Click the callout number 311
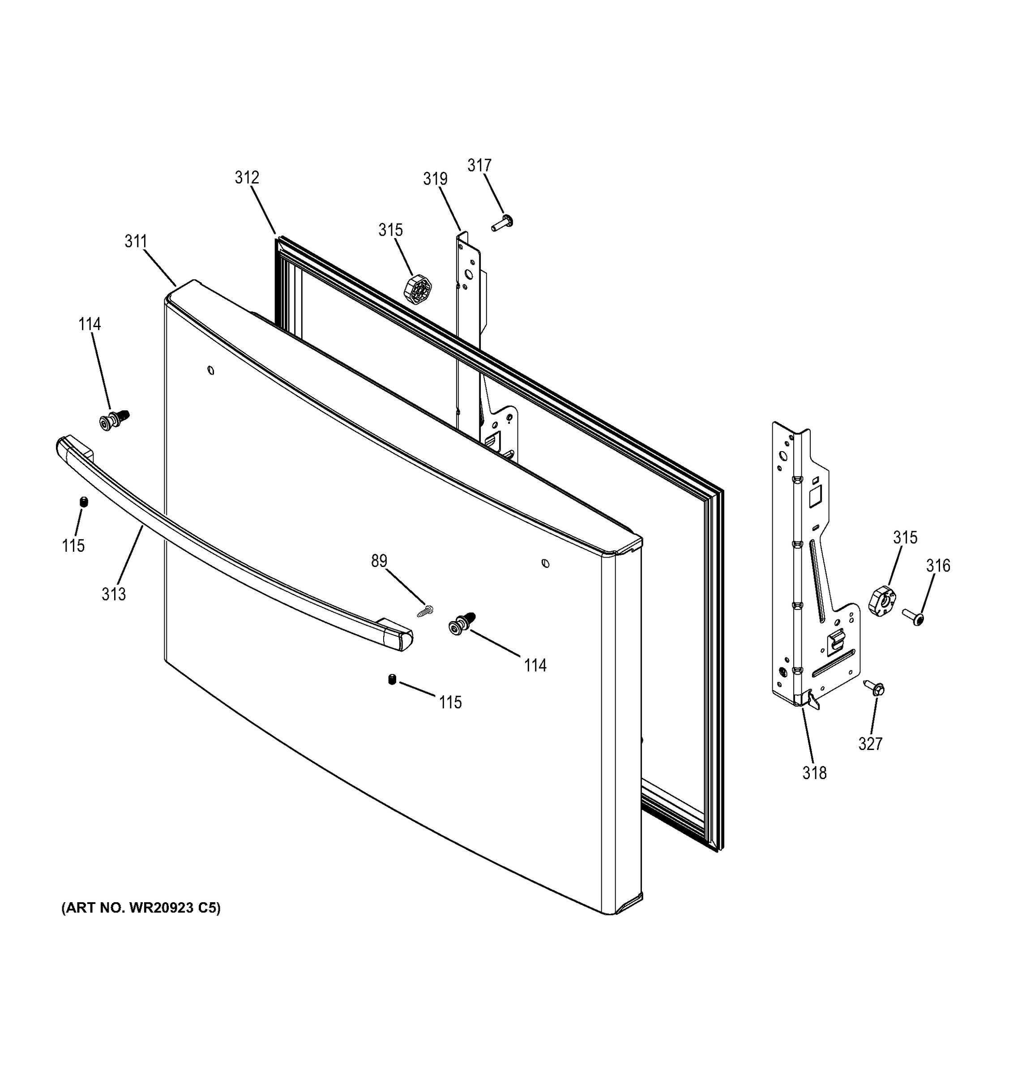tap(136, 242)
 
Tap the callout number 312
tap(247, 178)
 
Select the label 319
tap(435, 179)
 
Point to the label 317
tap(479, 165)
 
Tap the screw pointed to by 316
tap(913, 616)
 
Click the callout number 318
tap(814, 773)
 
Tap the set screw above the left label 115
tap(84, 502)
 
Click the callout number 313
tap(114, 594)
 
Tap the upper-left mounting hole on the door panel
tap(211, 371)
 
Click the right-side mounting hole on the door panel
tap(545, 563)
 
